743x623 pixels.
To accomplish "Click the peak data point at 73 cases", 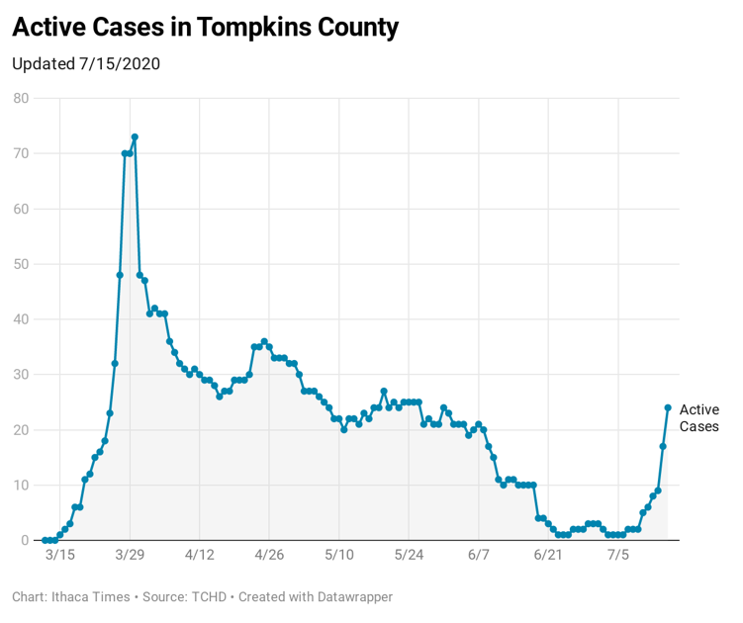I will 135,136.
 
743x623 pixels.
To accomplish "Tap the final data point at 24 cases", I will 668,407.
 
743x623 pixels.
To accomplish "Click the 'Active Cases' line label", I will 698,418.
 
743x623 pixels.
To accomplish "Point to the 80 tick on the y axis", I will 21,98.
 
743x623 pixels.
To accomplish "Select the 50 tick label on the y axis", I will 21,264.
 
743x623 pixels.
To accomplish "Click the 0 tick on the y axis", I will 25,540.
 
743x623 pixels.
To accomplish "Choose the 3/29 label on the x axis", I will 130,555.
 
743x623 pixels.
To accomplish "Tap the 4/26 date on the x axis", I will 269,555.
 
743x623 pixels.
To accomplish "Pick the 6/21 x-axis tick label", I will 548,555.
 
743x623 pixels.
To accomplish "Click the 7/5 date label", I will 617,555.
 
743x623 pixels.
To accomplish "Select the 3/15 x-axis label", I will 59,555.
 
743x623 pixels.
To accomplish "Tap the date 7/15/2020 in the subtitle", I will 119,63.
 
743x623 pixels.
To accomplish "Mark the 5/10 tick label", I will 338,555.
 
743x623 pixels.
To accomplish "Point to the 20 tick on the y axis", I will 21,429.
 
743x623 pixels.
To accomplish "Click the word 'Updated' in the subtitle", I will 43,63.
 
